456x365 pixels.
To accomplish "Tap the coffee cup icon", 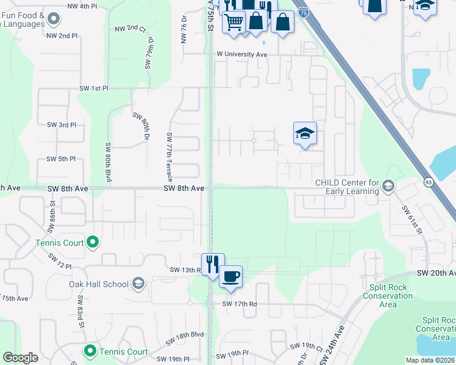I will coord(230,277).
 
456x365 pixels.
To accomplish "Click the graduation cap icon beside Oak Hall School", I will coord(138,284).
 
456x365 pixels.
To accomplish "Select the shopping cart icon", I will coord(234,22).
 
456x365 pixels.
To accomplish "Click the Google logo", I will coord(20,358).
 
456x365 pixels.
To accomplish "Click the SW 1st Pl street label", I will coord(93,88).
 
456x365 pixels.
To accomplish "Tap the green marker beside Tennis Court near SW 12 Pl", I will coord(93,243).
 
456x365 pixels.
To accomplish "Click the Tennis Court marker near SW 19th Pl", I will coord(90,351).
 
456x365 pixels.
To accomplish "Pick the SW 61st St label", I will coord(412,218).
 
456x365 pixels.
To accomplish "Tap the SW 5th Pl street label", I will coord(61,159).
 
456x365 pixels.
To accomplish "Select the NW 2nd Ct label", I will coord(130,29).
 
